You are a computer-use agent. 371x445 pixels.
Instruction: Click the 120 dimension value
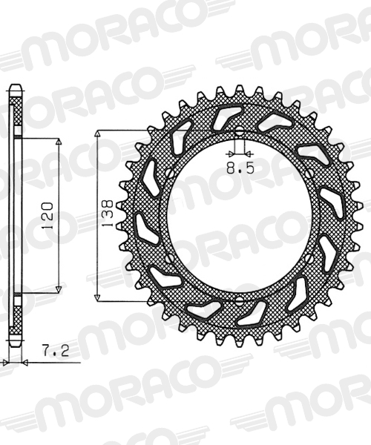47,216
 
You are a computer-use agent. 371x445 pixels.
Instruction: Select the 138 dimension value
108,214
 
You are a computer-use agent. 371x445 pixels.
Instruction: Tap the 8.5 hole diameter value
240,169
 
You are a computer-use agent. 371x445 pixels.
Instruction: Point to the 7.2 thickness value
56,351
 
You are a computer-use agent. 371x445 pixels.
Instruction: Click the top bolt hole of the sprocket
239,132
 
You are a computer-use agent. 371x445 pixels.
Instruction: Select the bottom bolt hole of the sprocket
239,300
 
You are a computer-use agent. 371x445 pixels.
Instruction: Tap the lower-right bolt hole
310,258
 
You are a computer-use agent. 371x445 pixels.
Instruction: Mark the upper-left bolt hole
170,173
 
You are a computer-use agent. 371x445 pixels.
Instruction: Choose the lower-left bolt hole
170,258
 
